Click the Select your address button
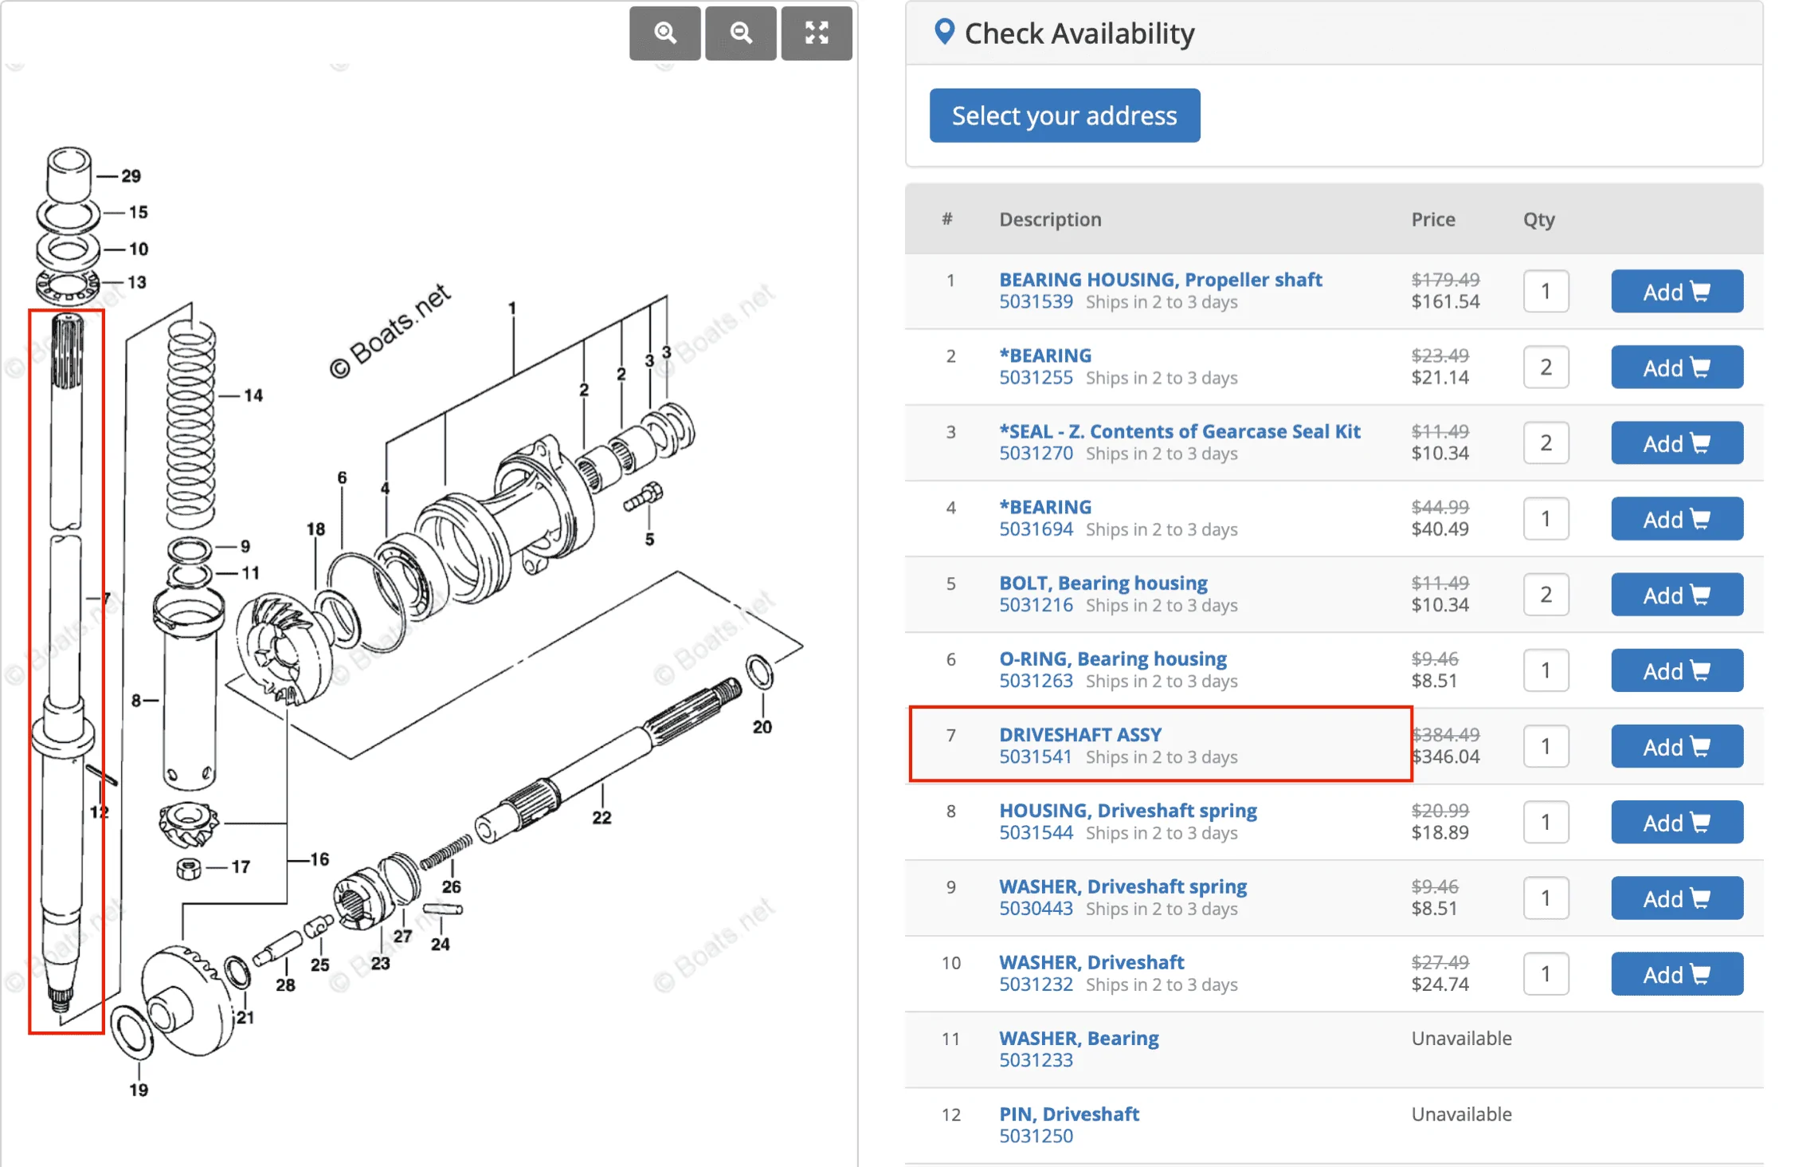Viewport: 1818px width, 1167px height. tap(1064, 116)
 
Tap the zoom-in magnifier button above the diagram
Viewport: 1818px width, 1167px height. tap(665, 33)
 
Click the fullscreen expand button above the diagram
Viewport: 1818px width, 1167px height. tap(817, 33)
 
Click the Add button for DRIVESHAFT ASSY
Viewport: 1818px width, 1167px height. tap(1677, 746)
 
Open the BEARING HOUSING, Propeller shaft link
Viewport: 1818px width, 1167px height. tap(1161, 280)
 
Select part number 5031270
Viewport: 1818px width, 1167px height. tap(1036, 454)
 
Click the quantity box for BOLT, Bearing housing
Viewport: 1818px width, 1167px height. tap(1546, 595)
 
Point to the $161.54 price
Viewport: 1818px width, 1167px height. tap(1445, 302)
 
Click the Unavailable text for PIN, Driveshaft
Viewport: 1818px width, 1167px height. tap(1461, 1114)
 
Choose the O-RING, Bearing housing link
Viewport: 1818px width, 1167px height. tap(1113, 659)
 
